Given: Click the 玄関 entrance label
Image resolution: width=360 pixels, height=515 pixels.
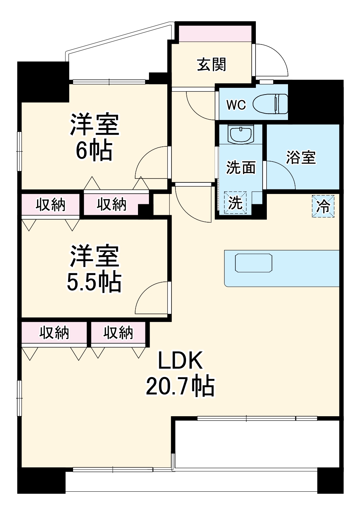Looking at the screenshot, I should (211, 65).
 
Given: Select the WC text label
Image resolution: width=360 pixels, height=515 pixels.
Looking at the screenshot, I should (236, 105).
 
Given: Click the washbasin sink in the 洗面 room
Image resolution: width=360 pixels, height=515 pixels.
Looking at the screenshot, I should (240, 134).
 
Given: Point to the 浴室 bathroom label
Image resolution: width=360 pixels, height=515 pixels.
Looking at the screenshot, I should (301, 157).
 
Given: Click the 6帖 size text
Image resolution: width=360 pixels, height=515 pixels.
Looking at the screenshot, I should (94, 151).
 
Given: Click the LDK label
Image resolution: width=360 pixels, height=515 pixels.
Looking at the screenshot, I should (180, 361).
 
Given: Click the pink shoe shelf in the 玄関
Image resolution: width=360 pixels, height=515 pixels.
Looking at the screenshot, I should (215, 33).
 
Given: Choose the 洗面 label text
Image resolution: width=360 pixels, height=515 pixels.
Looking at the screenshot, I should (241, 168).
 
